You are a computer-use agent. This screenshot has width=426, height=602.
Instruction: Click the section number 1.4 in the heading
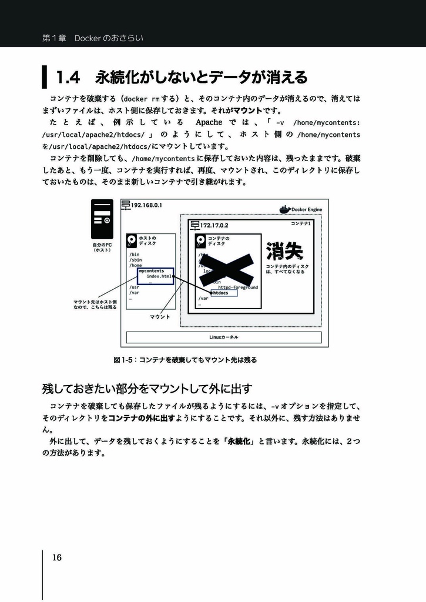point(67,77)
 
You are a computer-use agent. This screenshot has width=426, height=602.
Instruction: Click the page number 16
point(57,558)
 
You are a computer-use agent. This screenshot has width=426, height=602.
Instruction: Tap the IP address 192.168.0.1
point(146,205)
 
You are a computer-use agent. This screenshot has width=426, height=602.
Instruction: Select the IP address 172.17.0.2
point(214,225)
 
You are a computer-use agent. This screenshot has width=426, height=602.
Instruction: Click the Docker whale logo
point(284,209)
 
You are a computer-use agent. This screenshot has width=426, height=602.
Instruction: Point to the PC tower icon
point(102,219)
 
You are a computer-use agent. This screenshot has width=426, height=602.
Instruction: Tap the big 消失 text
point(284,252)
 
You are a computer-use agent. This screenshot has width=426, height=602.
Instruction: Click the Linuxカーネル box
point(224,337)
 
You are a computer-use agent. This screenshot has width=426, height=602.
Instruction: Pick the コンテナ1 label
point(300,224)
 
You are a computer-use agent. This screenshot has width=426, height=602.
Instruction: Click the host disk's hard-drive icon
point(132,240)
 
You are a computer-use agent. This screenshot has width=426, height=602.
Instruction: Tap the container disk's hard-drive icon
point(202,241)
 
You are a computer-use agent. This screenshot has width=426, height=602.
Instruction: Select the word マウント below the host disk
point(160,317)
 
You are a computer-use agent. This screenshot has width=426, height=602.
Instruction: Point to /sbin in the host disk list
point(136,259)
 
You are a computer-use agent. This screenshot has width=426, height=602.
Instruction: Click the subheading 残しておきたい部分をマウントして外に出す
point(147,389)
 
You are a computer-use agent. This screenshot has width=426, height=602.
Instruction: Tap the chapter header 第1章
point(54,38)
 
